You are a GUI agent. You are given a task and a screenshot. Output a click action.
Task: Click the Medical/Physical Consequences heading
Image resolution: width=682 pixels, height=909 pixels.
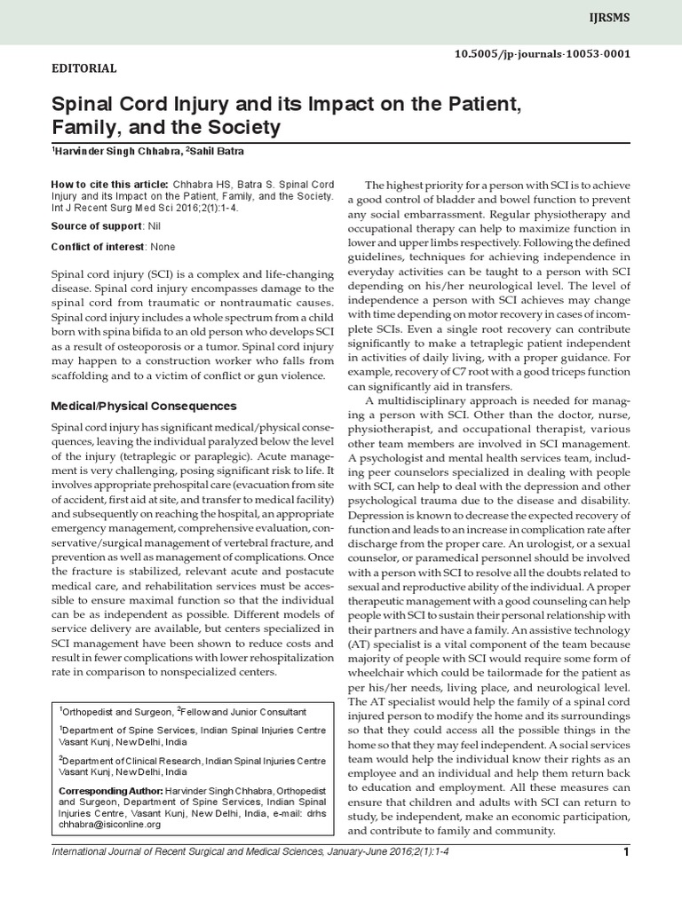point(143,406)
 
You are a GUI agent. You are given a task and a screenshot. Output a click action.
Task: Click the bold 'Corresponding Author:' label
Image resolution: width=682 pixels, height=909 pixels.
point(110,790)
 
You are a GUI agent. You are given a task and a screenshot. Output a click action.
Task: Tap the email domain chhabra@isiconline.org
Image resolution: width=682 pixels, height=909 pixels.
point(109,824)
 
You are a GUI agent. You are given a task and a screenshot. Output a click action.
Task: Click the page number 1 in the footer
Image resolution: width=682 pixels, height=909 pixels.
point(626,854)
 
